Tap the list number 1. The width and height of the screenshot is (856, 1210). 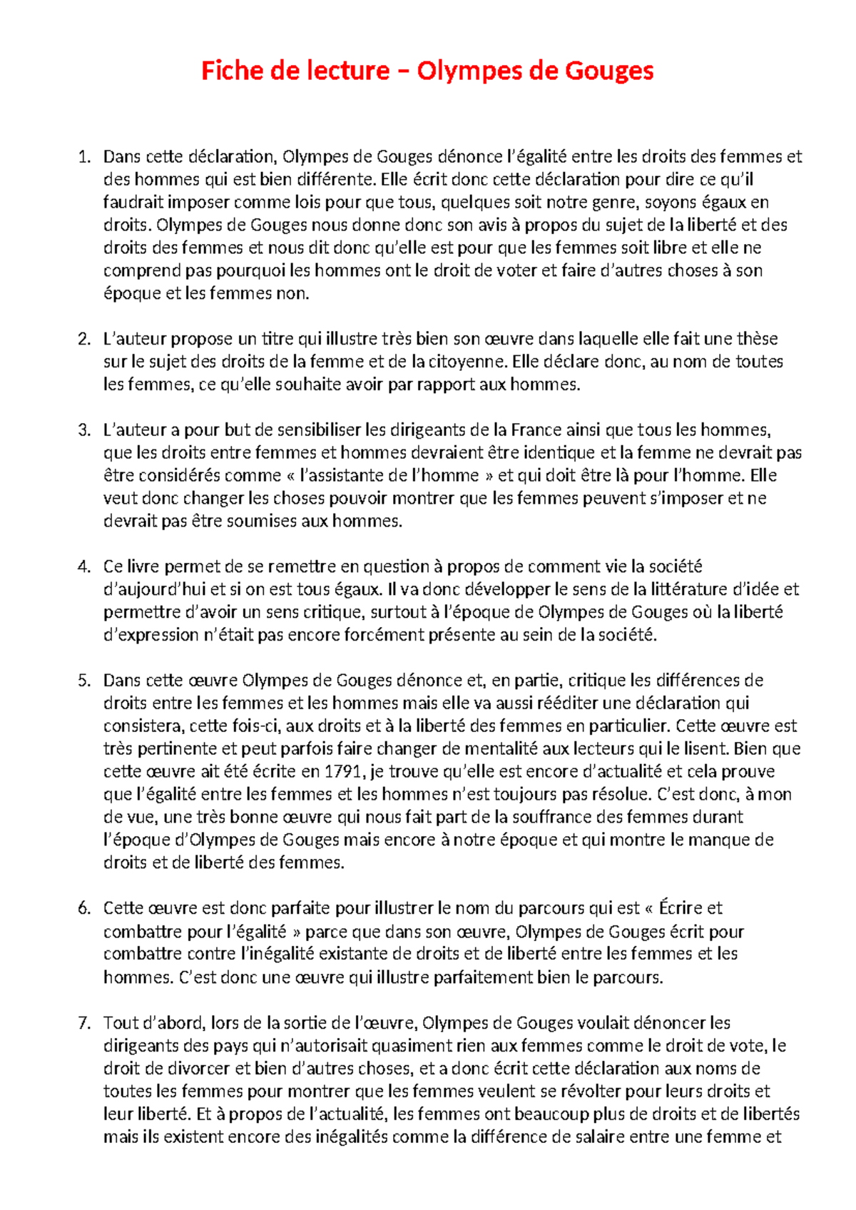(x=84, y=156)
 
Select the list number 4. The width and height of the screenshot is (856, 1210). (x=84, y=566)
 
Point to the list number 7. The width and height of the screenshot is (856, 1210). (x=84, y=1023)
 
